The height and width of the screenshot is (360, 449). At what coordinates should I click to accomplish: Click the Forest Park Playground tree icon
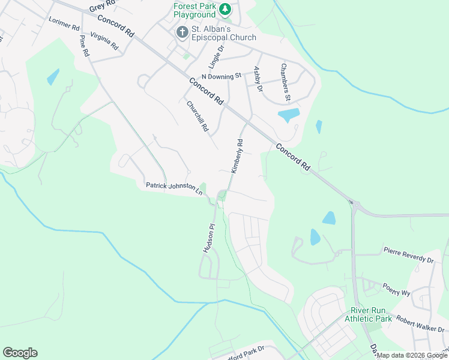(224, 9)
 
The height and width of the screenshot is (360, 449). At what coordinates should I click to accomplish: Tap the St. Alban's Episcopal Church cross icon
(182, 32)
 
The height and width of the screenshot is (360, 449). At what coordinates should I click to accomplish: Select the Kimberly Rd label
(238, 156)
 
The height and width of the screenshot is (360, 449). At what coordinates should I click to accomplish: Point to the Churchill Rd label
(197, 116)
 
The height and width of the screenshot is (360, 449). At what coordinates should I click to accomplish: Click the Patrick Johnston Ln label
(174, 188)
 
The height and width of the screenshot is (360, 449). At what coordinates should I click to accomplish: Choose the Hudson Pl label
(209, 238)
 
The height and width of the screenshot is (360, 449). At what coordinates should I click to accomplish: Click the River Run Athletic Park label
(368, 314)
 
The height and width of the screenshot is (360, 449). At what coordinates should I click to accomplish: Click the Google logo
(20, 353)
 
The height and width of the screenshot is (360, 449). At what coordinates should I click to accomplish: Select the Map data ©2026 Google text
(412, 355)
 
